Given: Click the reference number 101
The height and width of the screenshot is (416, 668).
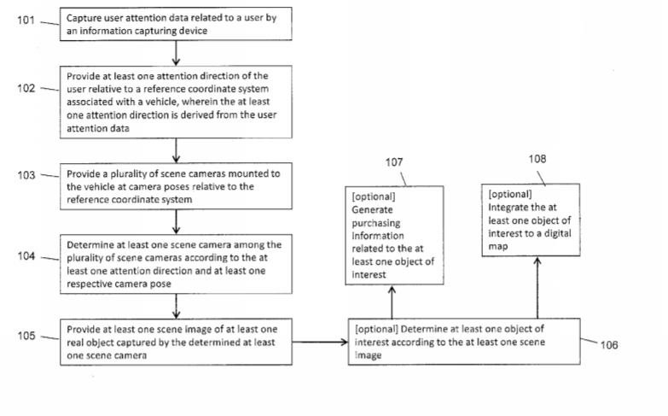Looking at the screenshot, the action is click(x=26, y=20).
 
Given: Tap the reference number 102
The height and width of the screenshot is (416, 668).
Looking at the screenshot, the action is click(x=26, y=88).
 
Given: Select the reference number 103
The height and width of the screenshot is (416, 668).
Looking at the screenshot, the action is click(x=26, y=175).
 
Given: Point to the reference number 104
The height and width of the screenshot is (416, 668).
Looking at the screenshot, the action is click(x=26, y=256).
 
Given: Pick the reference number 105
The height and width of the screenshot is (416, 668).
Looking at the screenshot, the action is click(x=26, y=336).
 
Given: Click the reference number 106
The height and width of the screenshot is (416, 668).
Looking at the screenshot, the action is click(x=609, y=345).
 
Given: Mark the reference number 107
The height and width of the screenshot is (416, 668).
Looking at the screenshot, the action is click(x=394, y=162).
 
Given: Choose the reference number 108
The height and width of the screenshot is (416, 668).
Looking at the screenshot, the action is click(x=537, y=159).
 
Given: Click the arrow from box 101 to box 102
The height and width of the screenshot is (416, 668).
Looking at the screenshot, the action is click(x=176, y=53).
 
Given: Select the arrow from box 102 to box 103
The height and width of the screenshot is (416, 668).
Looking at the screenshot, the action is click(x=176, y=150).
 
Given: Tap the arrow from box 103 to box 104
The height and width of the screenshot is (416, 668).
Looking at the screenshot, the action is click(x=176, y=222).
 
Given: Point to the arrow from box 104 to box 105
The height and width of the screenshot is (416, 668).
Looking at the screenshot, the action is click(x=176, y=307).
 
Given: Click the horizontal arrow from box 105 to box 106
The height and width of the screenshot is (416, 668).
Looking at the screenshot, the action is click(x=321, y=342).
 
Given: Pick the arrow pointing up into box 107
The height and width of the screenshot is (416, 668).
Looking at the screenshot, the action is click(x=392, y=302).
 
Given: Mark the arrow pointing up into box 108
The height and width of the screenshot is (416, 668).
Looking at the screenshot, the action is click(x=537, y=288).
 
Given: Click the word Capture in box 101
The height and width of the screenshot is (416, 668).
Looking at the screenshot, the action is click(x=84, y=18).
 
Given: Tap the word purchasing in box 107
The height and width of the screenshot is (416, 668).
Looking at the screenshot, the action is click(x=376, y=223).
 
